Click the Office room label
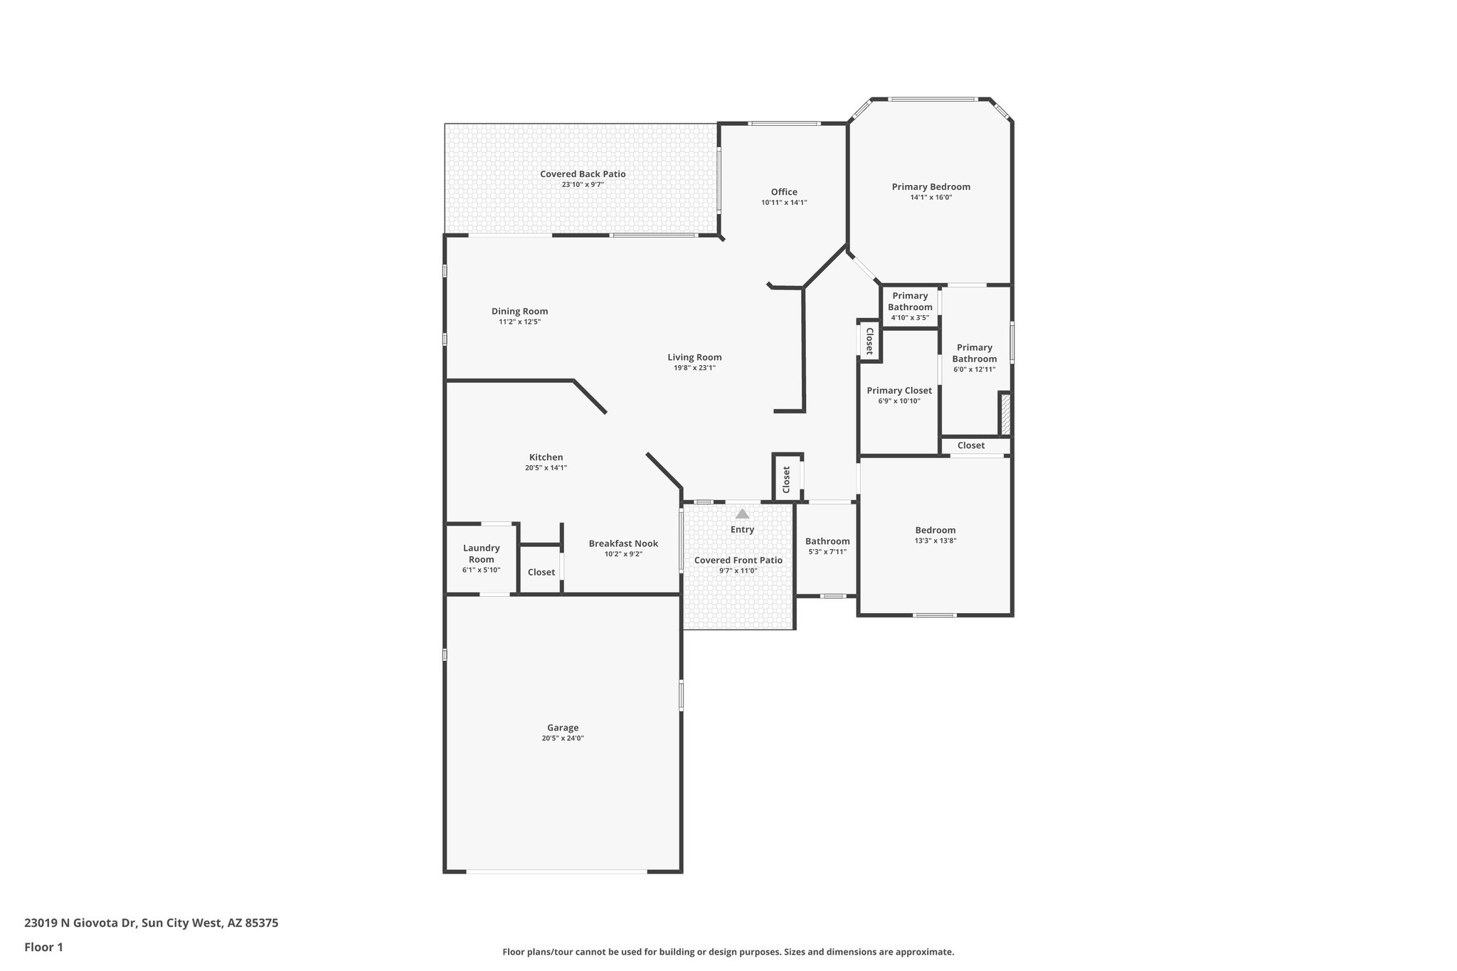pyautogui.click(x=784, y=192)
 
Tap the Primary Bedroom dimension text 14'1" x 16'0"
pyautogui.click(x=931, y=198)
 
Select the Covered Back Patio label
pyautogui.click(x=583, y=174)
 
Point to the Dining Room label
pyautogui.click(x=519, y=312)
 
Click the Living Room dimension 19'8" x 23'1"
pyautogui.click(x=694, y=368)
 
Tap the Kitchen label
pyautogui.click(x=546, y=457)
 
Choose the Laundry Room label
pyautogui.click(x=482, y=553)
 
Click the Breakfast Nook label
pyautogui.click(x=623, y=543)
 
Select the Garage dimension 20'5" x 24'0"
pyautogui.click(x=562, y=738)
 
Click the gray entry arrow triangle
pyautogui.click(x=742, y=514)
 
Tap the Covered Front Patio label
pyautogui.click(x=738, y=561)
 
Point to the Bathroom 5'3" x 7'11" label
pyautogui.click(x=827, y=541)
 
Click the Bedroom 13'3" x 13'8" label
pyautogui.click(x=935, y=530)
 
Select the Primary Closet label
pyautogui.click(x=899, y=391)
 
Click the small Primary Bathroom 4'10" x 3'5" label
pyautogui.click(x=910, y=302)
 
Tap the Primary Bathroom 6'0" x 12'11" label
pyautogui.click(x=974, y=354)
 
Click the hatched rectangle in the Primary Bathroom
pyautogui.click(x=1005, y=413)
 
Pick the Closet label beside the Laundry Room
pyautogui.click(x=541, y=572)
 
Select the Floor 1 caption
pyautogui.click(x=43, y=947)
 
